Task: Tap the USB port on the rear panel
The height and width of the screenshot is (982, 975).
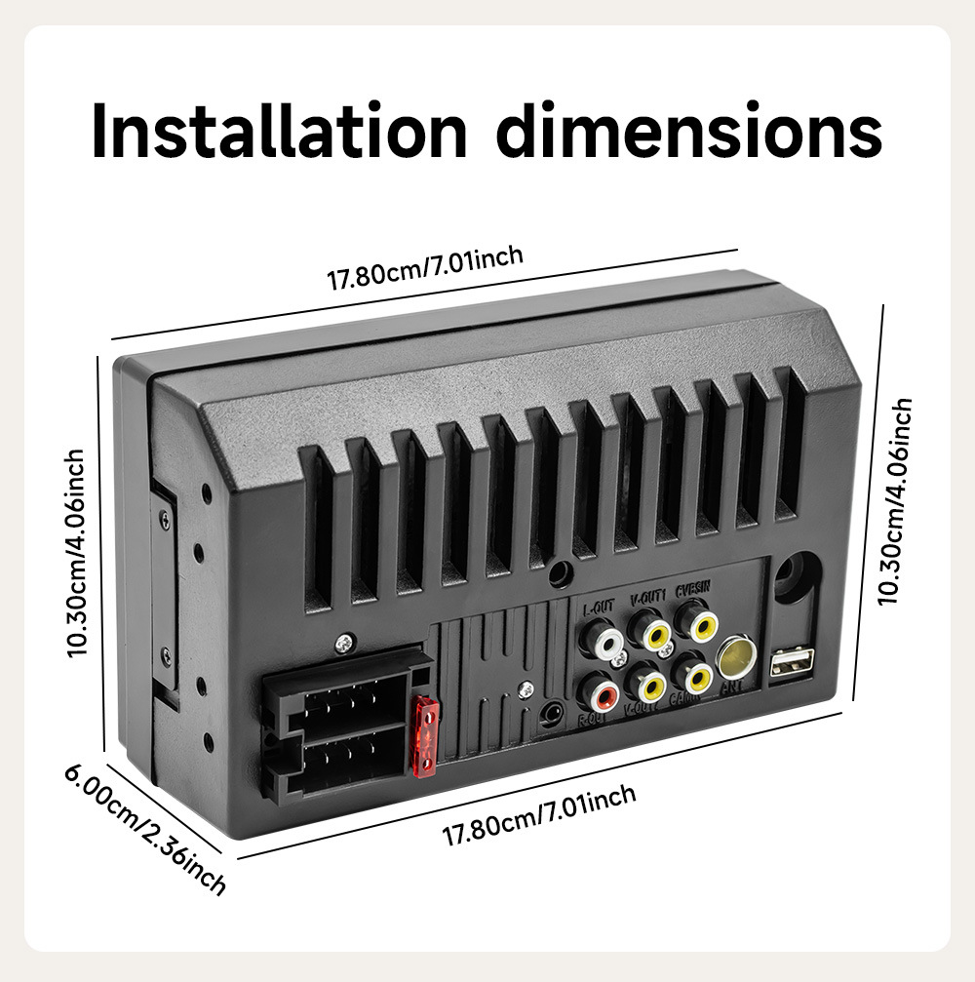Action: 792,664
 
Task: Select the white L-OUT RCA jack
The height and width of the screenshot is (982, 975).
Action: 602,642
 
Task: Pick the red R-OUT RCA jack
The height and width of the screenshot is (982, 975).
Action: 600,694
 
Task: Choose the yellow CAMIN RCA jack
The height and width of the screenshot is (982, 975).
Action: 696,675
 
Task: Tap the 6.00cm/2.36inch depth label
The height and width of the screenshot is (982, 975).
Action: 145,828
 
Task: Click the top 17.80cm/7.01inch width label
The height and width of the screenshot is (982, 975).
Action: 425,268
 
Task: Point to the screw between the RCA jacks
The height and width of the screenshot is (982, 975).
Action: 617,659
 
